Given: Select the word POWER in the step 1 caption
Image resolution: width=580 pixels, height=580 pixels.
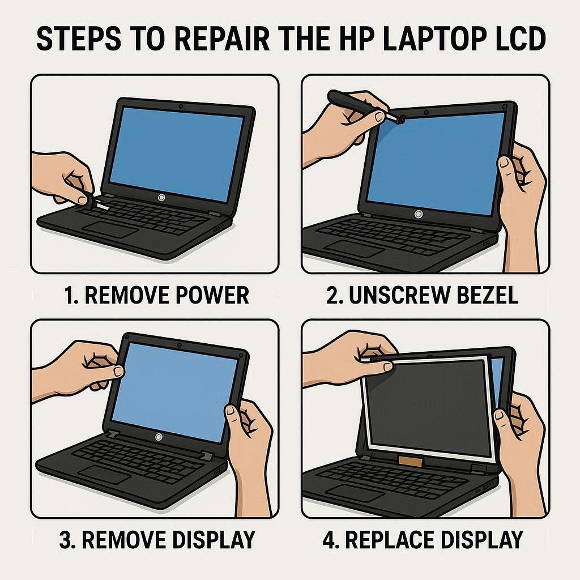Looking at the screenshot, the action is point(212,295).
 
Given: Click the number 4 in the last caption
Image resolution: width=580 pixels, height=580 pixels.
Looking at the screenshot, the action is point(329,540).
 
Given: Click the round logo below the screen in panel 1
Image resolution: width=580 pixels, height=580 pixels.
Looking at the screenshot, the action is point(161,198).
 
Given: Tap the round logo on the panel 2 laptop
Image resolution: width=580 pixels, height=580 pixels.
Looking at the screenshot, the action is point(419,214).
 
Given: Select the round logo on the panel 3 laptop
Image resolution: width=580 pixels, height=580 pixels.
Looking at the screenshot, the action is point(159,437).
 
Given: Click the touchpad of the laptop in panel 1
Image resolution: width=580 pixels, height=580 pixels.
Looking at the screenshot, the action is point(110,230).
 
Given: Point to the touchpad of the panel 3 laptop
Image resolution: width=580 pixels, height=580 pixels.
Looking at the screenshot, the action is point(104,474).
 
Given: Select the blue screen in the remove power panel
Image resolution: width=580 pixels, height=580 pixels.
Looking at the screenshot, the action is point(177,154).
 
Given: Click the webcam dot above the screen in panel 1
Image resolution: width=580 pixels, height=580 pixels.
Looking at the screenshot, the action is point(181,106).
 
